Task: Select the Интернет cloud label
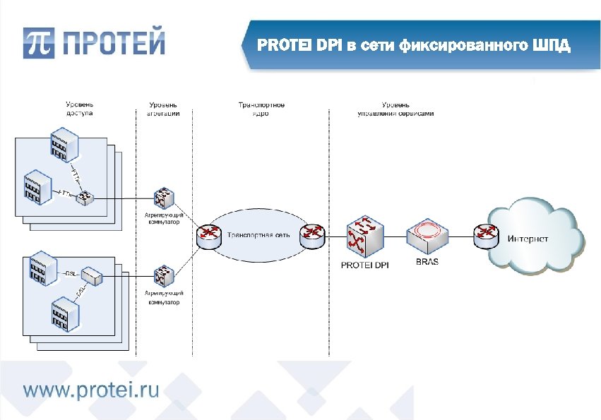(528, 239)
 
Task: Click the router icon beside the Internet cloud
(485, 234)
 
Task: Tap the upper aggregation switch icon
(162, 198)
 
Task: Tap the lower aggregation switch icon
(162, 273)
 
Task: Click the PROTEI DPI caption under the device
(364, 265)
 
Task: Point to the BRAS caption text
(427, 262)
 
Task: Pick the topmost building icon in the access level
(63, 143)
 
